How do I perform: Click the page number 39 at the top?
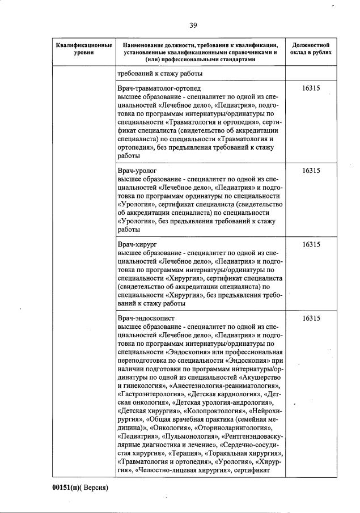coord(193,25)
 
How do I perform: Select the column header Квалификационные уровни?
coord(83,48)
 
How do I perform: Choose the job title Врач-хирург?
coord(138,244)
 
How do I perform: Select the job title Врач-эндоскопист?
coord(146,319)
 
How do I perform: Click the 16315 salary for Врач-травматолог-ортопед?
coord(311,89)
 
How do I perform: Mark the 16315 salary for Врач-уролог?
coord(311,170)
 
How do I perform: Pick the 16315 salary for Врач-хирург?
coord(311,244)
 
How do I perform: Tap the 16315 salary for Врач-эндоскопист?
coord(311,319)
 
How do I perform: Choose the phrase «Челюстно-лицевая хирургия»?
coord(183,470)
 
